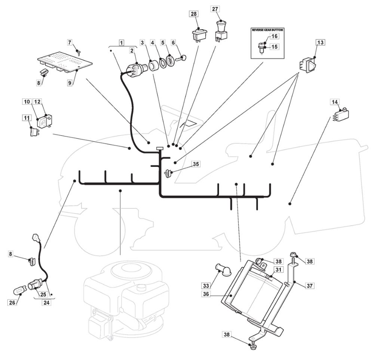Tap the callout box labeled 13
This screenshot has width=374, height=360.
tap(320, 42)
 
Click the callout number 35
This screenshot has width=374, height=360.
tap(196, 164)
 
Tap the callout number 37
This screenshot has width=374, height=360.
tap(309, 285)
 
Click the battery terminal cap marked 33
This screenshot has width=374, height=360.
tap(219, 269)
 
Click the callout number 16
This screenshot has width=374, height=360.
tap(275, 36)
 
